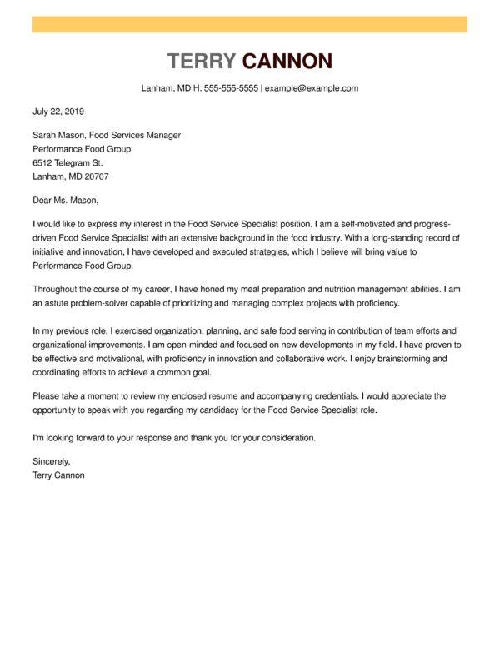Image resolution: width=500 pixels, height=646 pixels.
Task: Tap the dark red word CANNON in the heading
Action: point(287,61)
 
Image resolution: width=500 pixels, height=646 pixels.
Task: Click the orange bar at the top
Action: point(249,24)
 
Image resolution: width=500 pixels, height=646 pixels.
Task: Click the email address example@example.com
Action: point(312,87)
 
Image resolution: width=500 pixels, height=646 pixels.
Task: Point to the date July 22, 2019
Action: point(58,111)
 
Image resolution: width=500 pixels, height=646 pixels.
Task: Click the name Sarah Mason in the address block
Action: point(59,135)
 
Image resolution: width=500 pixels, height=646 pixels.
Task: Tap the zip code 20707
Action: point(93,177)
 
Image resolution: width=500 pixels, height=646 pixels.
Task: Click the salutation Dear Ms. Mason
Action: point(65,200)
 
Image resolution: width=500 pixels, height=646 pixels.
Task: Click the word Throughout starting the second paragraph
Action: point(59,288)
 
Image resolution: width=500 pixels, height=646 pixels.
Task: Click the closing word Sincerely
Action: point(52,460)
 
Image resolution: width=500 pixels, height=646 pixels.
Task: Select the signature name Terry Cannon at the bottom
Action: point(58,475)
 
